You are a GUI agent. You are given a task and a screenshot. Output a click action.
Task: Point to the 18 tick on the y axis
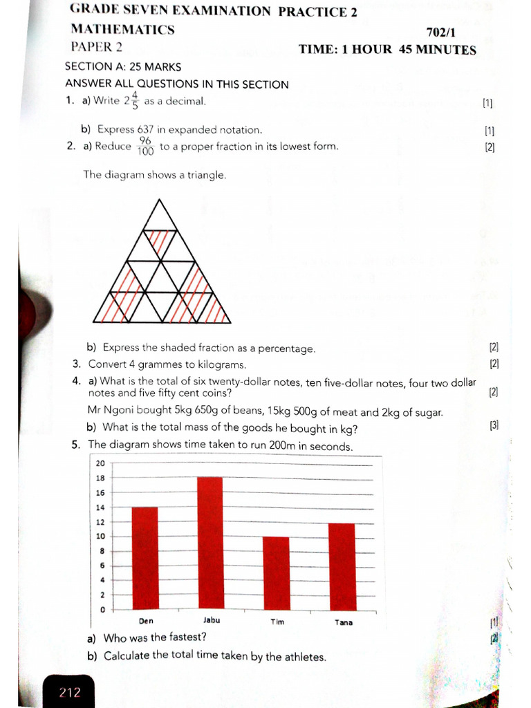coord(100,478)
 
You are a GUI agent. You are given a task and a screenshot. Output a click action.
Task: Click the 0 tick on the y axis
coord(102,609)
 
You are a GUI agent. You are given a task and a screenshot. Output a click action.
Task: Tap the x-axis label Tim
coord(277,622)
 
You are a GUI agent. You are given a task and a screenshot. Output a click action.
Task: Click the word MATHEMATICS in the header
coord(122,30)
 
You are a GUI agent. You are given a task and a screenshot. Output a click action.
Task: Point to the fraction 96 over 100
coord(146,146)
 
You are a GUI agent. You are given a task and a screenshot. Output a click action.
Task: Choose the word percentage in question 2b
coord(286,348)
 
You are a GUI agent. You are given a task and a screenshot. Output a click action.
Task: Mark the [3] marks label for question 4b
coord(494,426)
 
